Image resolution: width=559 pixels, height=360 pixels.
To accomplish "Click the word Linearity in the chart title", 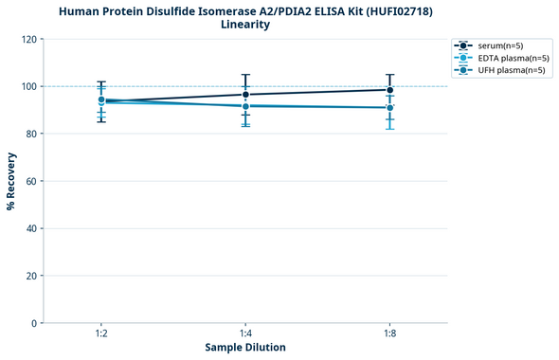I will click(245, 25).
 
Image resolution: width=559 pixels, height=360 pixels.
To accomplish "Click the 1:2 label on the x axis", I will click(101, 334).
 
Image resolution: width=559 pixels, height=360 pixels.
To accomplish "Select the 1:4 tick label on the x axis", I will click(245, 334).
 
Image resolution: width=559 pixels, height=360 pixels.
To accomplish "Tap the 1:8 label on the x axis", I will click(390, 334).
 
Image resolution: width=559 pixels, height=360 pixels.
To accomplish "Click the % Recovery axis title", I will click(11, 181).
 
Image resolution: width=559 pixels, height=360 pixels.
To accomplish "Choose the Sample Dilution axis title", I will click(245, 348).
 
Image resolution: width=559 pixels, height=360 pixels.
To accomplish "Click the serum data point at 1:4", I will click(245, 94).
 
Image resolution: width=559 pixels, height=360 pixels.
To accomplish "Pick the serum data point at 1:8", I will click(390, 89).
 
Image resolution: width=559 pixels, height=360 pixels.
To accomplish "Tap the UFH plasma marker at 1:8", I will click(390, 107).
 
